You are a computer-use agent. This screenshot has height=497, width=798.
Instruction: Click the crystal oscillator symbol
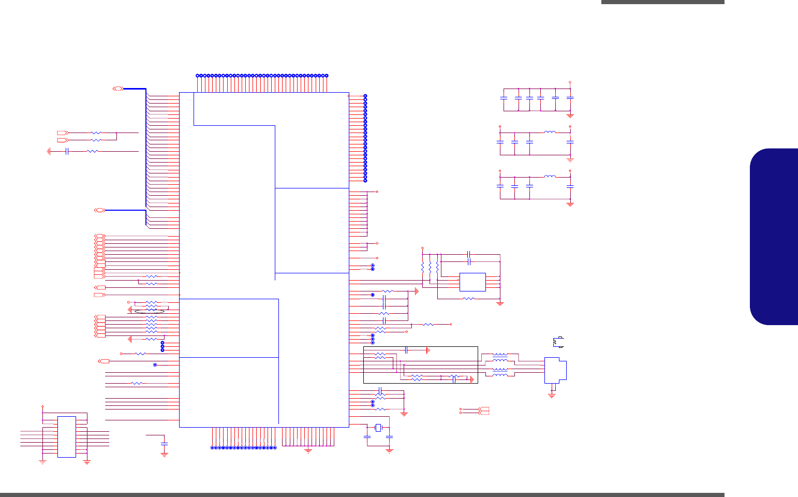click(378, 428)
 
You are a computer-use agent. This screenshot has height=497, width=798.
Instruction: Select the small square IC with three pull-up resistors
click(472, 282)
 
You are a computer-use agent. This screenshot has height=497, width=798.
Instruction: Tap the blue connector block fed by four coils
click(555, 370)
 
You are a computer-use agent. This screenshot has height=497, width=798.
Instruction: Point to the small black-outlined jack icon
click(558, 341)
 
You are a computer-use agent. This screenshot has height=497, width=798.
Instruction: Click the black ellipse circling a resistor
click(150, 311)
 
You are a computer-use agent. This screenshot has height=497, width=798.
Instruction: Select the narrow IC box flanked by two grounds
click(66, 436)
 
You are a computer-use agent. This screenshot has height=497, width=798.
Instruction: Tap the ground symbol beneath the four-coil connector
click(552, 396)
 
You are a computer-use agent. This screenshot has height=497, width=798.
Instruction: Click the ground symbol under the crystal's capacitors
click(389, 450)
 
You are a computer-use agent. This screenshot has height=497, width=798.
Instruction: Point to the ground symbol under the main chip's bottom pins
click(308, 450)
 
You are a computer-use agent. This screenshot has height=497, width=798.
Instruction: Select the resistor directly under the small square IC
click(468, 299)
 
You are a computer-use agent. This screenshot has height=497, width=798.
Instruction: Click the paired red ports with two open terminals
click(483, 411)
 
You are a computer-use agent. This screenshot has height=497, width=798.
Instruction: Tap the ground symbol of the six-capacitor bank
click(570, 115)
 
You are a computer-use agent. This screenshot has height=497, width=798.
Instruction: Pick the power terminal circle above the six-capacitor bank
click(570, 82)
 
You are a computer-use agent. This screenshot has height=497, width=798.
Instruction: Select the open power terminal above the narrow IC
click(42, 407)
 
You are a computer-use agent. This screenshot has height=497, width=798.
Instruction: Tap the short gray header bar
click(662, 2)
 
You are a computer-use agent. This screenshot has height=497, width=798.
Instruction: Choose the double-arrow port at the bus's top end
click(118, 89)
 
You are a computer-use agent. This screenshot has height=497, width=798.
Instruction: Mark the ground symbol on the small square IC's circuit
click(500, 303)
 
